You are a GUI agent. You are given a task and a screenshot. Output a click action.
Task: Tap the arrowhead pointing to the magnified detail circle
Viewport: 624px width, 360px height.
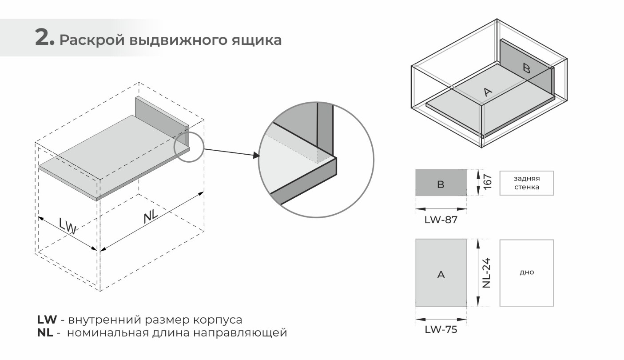coord(256,155)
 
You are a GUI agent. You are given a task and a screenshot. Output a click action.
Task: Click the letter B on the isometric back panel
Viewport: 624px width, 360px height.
coord(526,68)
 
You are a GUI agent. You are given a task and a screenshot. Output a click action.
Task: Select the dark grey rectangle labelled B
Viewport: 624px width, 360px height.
coord(441,183)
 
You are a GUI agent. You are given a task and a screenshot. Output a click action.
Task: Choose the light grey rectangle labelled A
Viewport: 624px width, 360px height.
coord(441,273)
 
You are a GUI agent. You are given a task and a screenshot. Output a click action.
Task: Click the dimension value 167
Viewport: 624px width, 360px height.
coord(488,182)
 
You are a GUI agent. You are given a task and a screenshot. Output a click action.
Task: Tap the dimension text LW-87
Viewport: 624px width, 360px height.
coord(441,220)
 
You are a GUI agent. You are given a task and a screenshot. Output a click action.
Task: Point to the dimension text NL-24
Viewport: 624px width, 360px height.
coord(486,273)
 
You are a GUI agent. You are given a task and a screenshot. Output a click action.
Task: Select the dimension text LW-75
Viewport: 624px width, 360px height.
coord(441,330)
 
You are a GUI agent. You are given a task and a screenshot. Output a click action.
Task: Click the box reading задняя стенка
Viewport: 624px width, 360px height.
coord(526,183)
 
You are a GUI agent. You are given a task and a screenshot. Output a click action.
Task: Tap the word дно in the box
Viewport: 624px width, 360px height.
coord(526,272)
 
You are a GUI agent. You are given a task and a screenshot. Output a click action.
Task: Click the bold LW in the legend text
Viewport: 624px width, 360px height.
coord(47,320)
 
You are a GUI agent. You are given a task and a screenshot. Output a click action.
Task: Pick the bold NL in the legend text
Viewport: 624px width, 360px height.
coord(45,333)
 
